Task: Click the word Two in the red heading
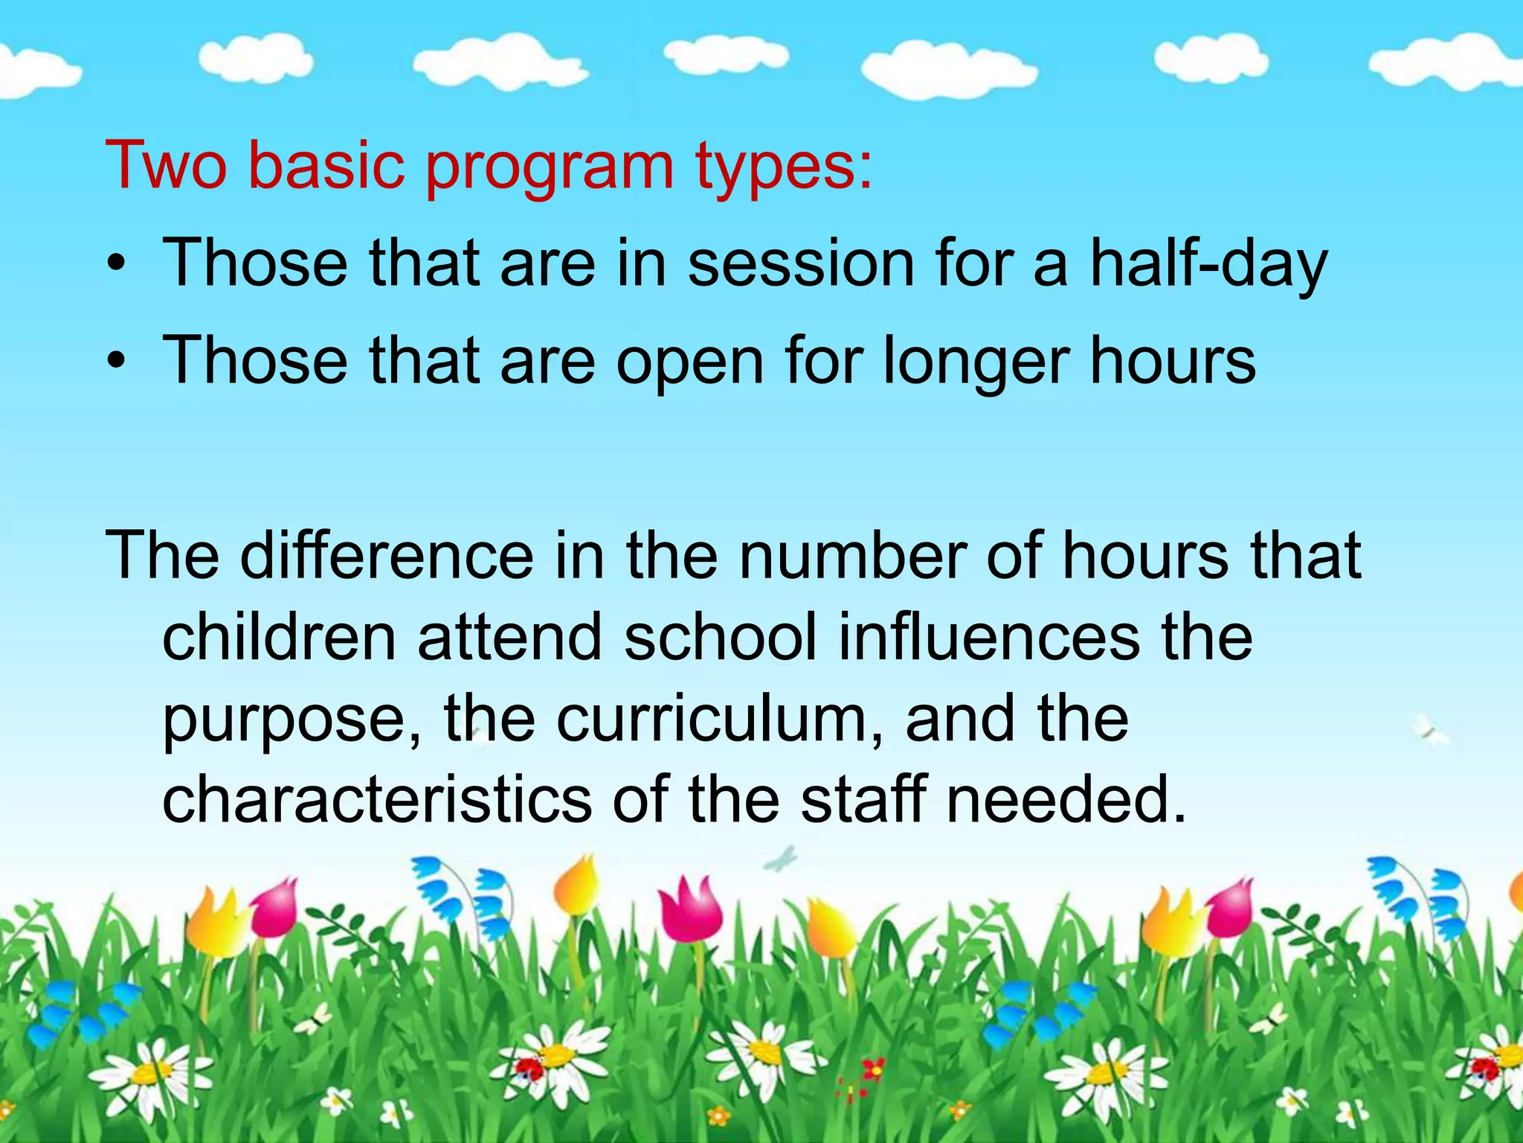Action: click(x=166, y=165)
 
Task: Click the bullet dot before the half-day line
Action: click(x=116, y=264)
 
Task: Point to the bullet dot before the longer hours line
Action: click(x=116, y=362)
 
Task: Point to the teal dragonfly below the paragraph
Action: click(x=780, y=859)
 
